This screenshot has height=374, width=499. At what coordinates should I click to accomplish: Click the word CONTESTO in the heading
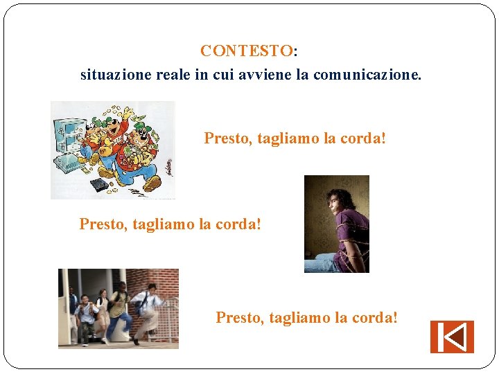point(246,51)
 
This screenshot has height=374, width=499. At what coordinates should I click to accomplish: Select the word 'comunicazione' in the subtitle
point(367,74)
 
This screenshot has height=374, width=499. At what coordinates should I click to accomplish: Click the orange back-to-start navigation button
point(452,337)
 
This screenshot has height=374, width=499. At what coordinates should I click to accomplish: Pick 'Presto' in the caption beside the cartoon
point(227,139)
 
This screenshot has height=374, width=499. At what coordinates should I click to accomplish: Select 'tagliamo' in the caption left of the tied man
point(164,224)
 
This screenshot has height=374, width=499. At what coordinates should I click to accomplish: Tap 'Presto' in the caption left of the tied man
point(102,224)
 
